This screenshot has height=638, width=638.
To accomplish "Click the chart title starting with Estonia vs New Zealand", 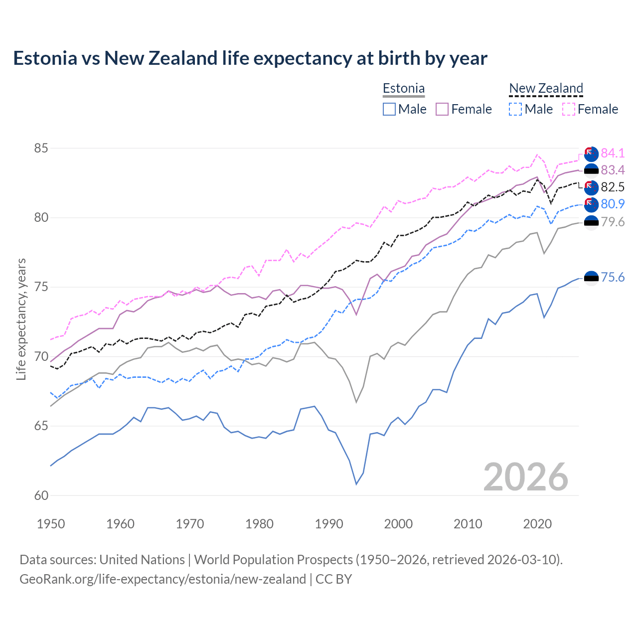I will click(x=250, y=58).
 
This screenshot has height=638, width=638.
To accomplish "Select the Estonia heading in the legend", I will click(x=403, y=89).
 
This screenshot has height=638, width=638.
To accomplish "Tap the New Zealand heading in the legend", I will click(x=546, y=89).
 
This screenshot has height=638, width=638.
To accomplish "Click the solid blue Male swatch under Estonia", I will click(x=389, y=109).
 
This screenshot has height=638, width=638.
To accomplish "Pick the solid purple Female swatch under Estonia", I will click(x=443, y=109).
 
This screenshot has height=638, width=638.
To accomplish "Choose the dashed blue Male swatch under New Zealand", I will click(x=515, y=109).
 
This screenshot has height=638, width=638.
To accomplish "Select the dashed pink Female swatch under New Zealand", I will click(x=569, y=109).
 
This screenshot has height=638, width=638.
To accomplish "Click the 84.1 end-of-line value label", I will click(x=613, y=153).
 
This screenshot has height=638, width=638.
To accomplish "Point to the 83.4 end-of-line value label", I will click(x=613, y=170).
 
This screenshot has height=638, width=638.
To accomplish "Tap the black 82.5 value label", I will click(x=613, y=187).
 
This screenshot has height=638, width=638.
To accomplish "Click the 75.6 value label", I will click(x=613, y=278).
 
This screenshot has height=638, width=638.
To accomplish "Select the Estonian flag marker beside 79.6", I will click(x=591, y=222).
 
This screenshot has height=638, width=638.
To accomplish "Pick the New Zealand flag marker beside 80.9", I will click(x=591, y=204).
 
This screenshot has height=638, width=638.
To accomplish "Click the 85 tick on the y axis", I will click(x=41, y=149).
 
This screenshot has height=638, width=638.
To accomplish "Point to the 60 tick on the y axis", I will click(x=41, y=495).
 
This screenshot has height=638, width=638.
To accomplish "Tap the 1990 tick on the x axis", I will click(x=329, y=524).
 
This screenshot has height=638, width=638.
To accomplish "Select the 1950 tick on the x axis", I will click(x=51, y=524).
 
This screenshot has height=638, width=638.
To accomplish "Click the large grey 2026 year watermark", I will click(x=525, y=477).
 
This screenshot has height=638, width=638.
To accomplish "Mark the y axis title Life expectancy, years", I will click(x=21, y=319).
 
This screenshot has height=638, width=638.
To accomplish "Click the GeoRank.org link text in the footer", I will click(x=162, y=579).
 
